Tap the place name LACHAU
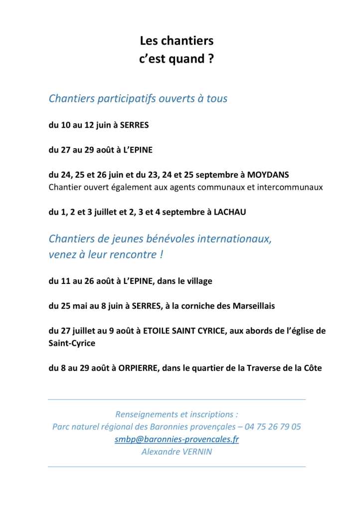coord(230,212)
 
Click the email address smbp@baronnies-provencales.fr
coord(177,439)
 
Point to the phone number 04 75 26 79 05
coord(276,427)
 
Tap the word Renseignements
coord(148,414)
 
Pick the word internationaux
coord(234,239)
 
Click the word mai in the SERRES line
coord(81,306)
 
